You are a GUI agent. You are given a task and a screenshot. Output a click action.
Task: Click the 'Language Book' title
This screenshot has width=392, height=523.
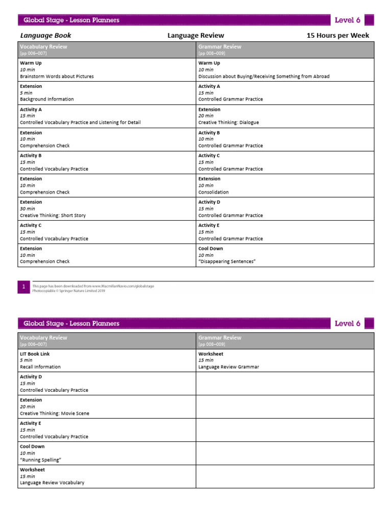pyautogui.click(x=45, y=36)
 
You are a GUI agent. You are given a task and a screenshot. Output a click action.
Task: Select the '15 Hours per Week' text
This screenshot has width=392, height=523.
pyautogui.click(x=337, y=36)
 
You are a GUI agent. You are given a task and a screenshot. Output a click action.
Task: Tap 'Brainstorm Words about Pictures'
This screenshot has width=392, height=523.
pyautogui.click(x=57, y=77)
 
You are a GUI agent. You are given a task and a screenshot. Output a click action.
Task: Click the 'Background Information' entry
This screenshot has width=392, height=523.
pyautogui.click(x=46, y=100)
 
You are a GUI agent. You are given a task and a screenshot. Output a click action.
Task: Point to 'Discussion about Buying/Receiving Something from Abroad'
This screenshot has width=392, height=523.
pyautogui.click(x=264, y=77)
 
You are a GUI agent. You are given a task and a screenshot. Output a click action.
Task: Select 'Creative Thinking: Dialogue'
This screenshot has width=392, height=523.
pyautogui.click(x=229, y=123)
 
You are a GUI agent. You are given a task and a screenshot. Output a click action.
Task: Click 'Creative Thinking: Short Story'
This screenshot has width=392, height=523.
pyautogui.click(x=53, y=216)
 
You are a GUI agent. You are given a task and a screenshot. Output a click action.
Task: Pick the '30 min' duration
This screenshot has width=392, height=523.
pyautogui.click(x=28, y=209)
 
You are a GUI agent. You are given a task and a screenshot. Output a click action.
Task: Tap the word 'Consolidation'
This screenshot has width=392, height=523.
pyautogui.click(x=213, y=193)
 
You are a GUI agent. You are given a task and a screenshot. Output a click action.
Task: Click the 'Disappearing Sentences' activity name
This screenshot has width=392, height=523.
pyautogui.click(x=227, y=261)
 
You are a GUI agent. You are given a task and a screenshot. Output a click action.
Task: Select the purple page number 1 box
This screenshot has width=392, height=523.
pyautogui.click(x=23, y=288)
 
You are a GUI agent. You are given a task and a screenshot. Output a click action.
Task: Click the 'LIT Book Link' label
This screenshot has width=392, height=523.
pyautogui.click(x=35, y=354)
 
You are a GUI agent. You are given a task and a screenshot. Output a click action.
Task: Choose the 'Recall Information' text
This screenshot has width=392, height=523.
pyautogui.click(x=40, y=367)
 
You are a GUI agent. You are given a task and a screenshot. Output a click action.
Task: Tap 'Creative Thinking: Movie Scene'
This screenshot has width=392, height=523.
pyautogui.click(x=54, y=414)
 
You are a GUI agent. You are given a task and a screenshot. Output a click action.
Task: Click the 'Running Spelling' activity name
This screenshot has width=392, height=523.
pyautogui.click(x=40, y=460)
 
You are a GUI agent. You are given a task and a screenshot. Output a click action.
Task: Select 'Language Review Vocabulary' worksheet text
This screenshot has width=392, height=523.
pyautogui.click(x=52, y=483)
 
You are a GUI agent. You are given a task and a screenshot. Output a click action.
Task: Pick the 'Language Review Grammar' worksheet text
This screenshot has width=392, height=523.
pyautogui.click(x=229, y=367)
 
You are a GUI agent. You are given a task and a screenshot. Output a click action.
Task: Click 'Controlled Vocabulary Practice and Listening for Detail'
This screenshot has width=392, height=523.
pyautogui.click(x=80, y=123)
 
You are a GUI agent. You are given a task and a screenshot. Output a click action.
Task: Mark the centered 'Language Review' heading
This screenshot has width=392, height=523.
pyautogui.click(x=195, y=36)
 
